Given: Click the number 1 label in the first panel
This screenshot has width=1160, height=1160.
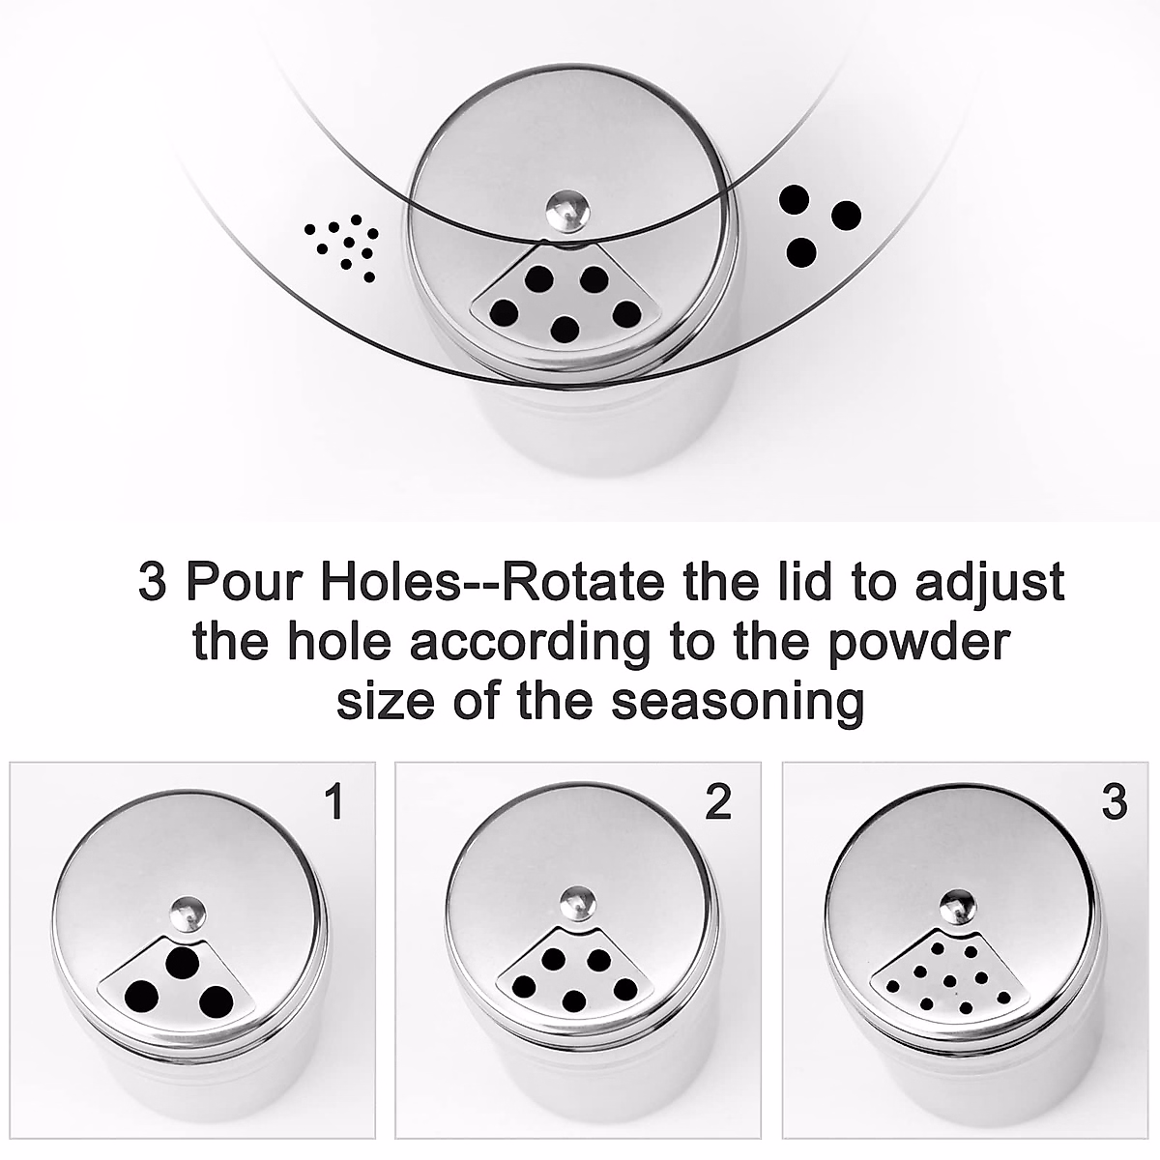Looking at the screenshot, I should (x=334, y=802).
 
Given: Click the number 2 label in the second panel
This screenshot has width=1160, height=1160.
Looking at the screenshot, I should (x=718, y=802).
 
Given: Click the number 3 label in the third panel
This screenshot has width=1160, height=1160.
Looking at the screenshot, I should (x=1115, y=802).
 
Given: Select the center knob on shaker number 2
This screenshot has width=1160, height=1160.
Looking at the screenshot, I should (x=577, y=901).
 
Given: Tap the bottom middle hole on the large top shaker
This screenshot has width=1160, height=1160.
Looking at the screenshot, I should (x=565, y=330).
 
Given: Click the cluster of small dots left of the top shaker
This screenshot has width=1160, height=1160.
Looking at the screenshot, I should (x=341, y=244).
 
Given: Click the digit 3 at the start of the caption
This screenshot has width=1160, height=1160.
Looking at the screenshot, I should (x=153, y=583).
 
